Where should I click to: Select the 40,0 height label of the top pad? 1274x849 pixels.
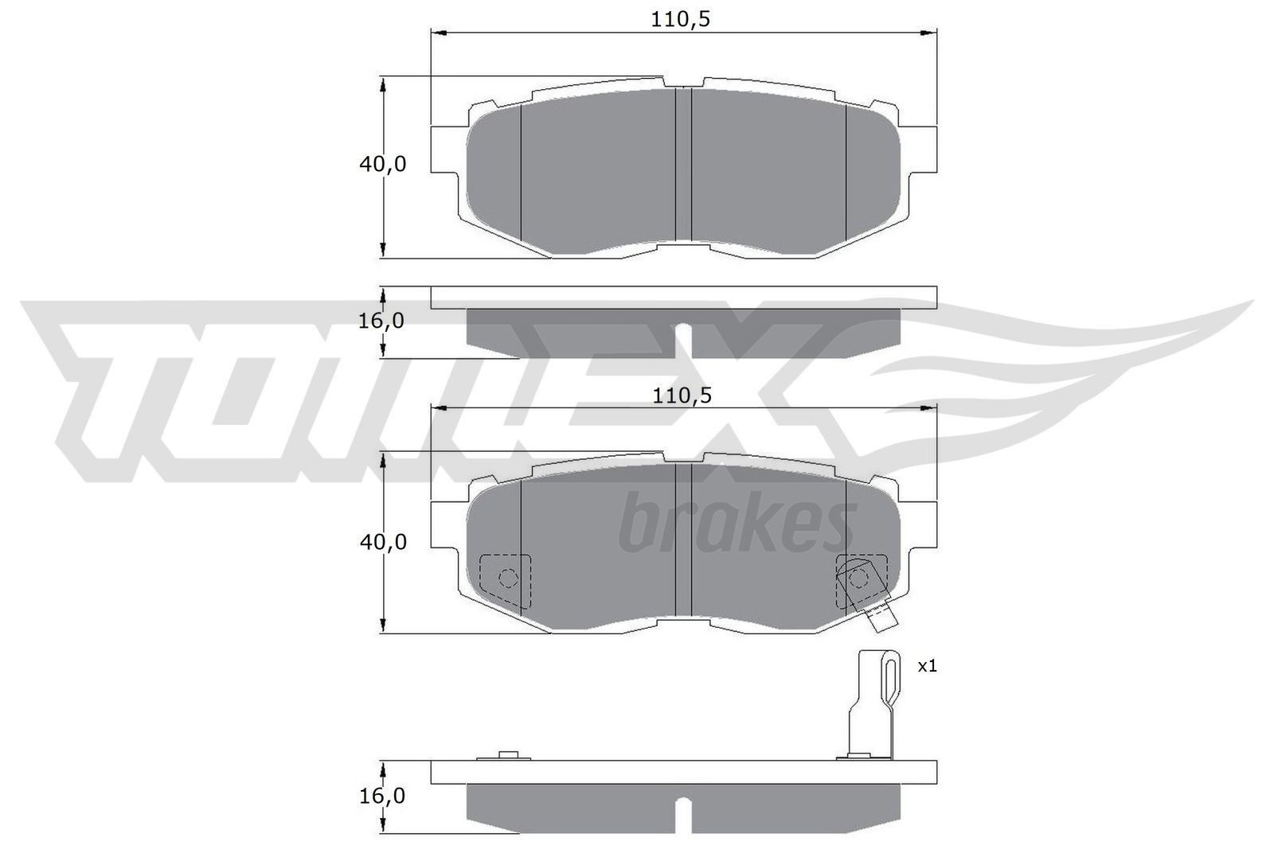coord(383,165)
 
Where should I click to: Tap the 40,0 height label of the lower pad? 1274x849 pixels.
coord(383,542)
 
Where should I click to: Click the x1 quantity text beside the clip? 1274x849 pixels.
coord(927,666)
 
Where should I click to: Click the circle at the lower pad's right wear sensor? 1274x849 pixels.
coord(858,577)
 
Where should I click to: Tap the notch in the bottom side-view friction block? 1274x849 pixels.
coord(683,813)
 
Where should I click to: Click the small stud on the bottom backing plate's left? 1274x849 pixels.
coord(507,754)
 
